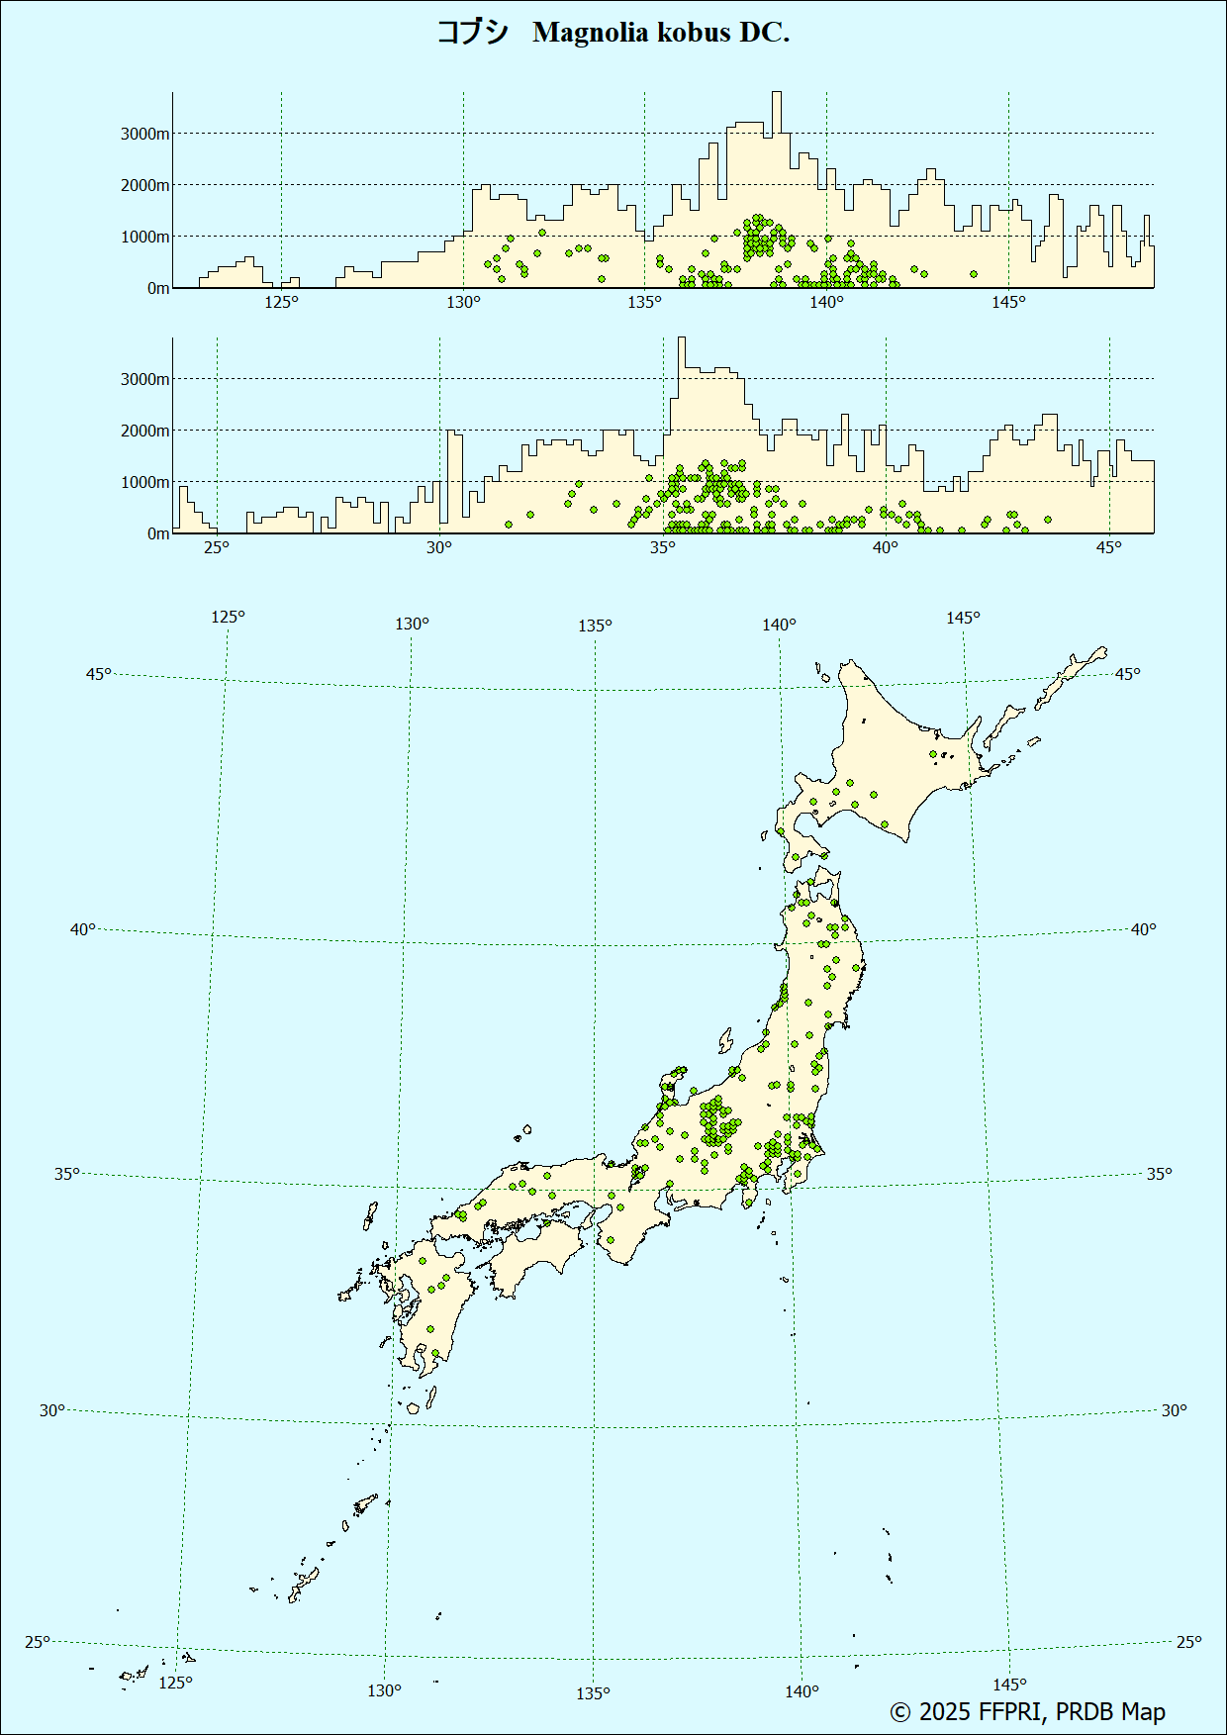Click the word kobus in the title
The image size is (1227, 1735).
[x=692, y=33]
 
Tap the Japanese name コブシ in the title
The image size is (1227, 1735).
[x=473, y=33]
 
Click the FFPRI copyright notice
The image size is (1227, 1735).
[x=1027, y=1711]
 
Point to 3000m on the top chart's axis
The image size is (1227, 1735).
[x=144, y=134]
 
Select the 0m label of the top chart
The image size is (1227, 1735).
[x=158, y=288]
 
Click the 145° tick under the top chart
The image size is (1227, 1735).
[x=1008, y=302]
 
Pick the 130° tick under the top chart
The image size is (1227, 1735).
[x=463, y=302]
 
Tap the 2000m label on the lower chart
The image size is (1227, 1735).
[x=144, y=431]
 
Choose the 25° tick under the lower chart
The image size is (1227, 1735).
[x=217, y=547]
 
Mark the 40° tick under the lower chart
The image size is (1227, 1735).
[x=886, y=547]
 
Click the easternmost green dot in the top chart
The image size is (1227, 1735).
[x=974, y=274]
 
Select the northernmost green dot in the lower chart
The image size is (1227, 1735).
[x=1048, y=520]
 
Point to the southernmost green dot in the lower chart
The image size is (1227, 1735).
[x=509, y=526]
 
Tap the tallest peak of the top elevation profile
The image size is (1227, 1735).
[x=777, y=94]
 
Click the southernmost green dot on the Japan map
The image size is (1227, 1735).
[x=434, y=1353]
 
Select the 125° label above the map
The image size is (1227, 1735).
[x=228, y=617]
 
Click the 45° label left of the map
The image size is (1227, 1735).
[x=98, y=674]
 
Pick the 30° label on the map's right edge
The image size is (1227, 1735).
[x=1174, y=1410]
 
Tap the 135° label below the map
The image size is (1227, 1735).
[x=593, y=1693]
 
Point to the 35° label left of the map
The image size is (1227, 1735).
[x=66, y=1174]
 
